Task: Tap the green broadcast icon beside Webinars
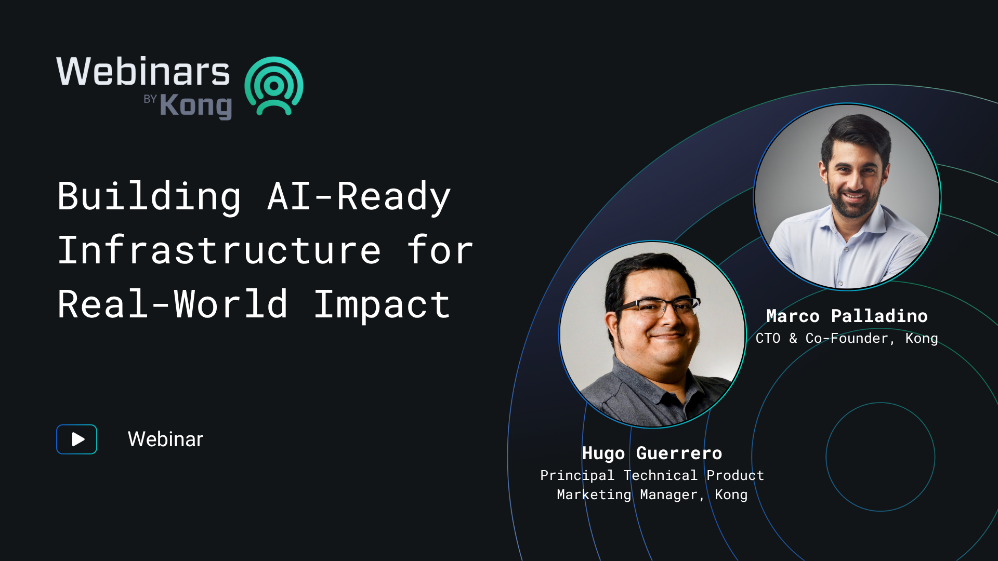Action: tap(274, 86)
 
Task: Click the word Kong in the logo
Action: tap(195, 106)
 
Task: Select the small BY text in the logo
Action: tap(150, 99)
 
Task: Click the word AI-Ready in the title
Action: tap(359, 197)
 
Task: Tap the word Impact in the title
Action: tap(382, 305)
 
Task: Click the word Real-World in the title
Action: tap(173, 305)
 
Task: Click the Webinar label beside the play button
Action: tap(165, 439)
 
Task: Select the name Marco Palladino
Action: tap(847, 316)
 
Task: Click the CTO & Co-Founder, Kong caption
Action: tap(847, 339)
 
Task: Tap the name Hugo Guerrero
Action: tap(652, 453)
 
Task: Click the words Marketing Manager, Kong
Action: tap(652, 495)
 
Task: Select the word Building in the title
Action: tap(149, 197)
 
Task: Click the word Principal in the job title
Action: tap(577, 475)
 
